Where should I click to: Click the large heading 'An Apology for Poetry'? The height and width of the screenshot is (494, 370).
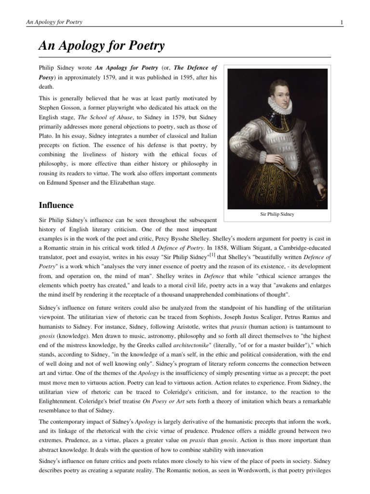pos(102,46)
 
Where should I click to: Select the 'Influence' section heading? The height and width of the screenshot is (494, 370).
pos(56,205)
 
